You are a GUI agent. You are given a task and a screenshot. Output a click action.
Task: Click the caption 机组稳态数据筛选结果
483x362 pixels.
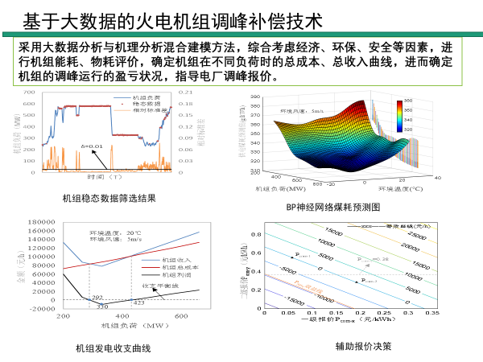click(109, 198)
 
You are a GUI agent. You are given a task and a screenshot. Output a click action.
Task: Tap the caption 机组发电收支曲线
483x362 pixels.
click(113, 348)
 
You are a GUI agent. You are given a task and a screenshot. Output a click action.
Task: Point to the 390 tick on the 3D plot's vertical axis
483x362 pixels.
click(255, 97)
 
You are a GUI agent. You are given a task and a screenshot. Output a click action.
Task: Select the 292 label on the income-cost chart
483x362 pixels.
click(97, 298)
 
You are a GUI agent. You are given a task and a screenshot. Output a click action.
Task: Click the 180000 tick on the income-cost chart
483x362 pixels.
click(40, 221)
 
